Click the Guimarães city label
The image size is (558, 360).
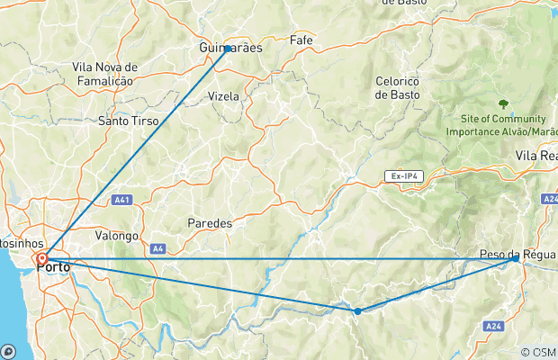point(230,49)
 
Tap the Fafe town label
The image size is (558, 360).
point(301,40)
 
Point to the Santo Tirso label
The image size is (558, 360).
point(129,120)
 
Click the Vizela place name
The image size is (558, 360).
point(223,95)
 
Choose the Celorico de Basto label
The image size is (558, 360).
point(399,87)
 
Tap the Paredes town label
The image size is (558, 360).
point(210,222)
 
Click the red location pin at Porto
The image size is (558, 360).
point(42,261)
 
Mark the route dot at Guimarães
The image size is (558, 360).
point(228,49)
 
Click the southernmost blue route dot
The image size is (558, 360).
point(357,310)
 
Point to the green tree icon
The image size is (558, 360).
point(502,103)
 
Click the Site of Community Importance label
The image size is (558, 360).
point(496,125)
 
